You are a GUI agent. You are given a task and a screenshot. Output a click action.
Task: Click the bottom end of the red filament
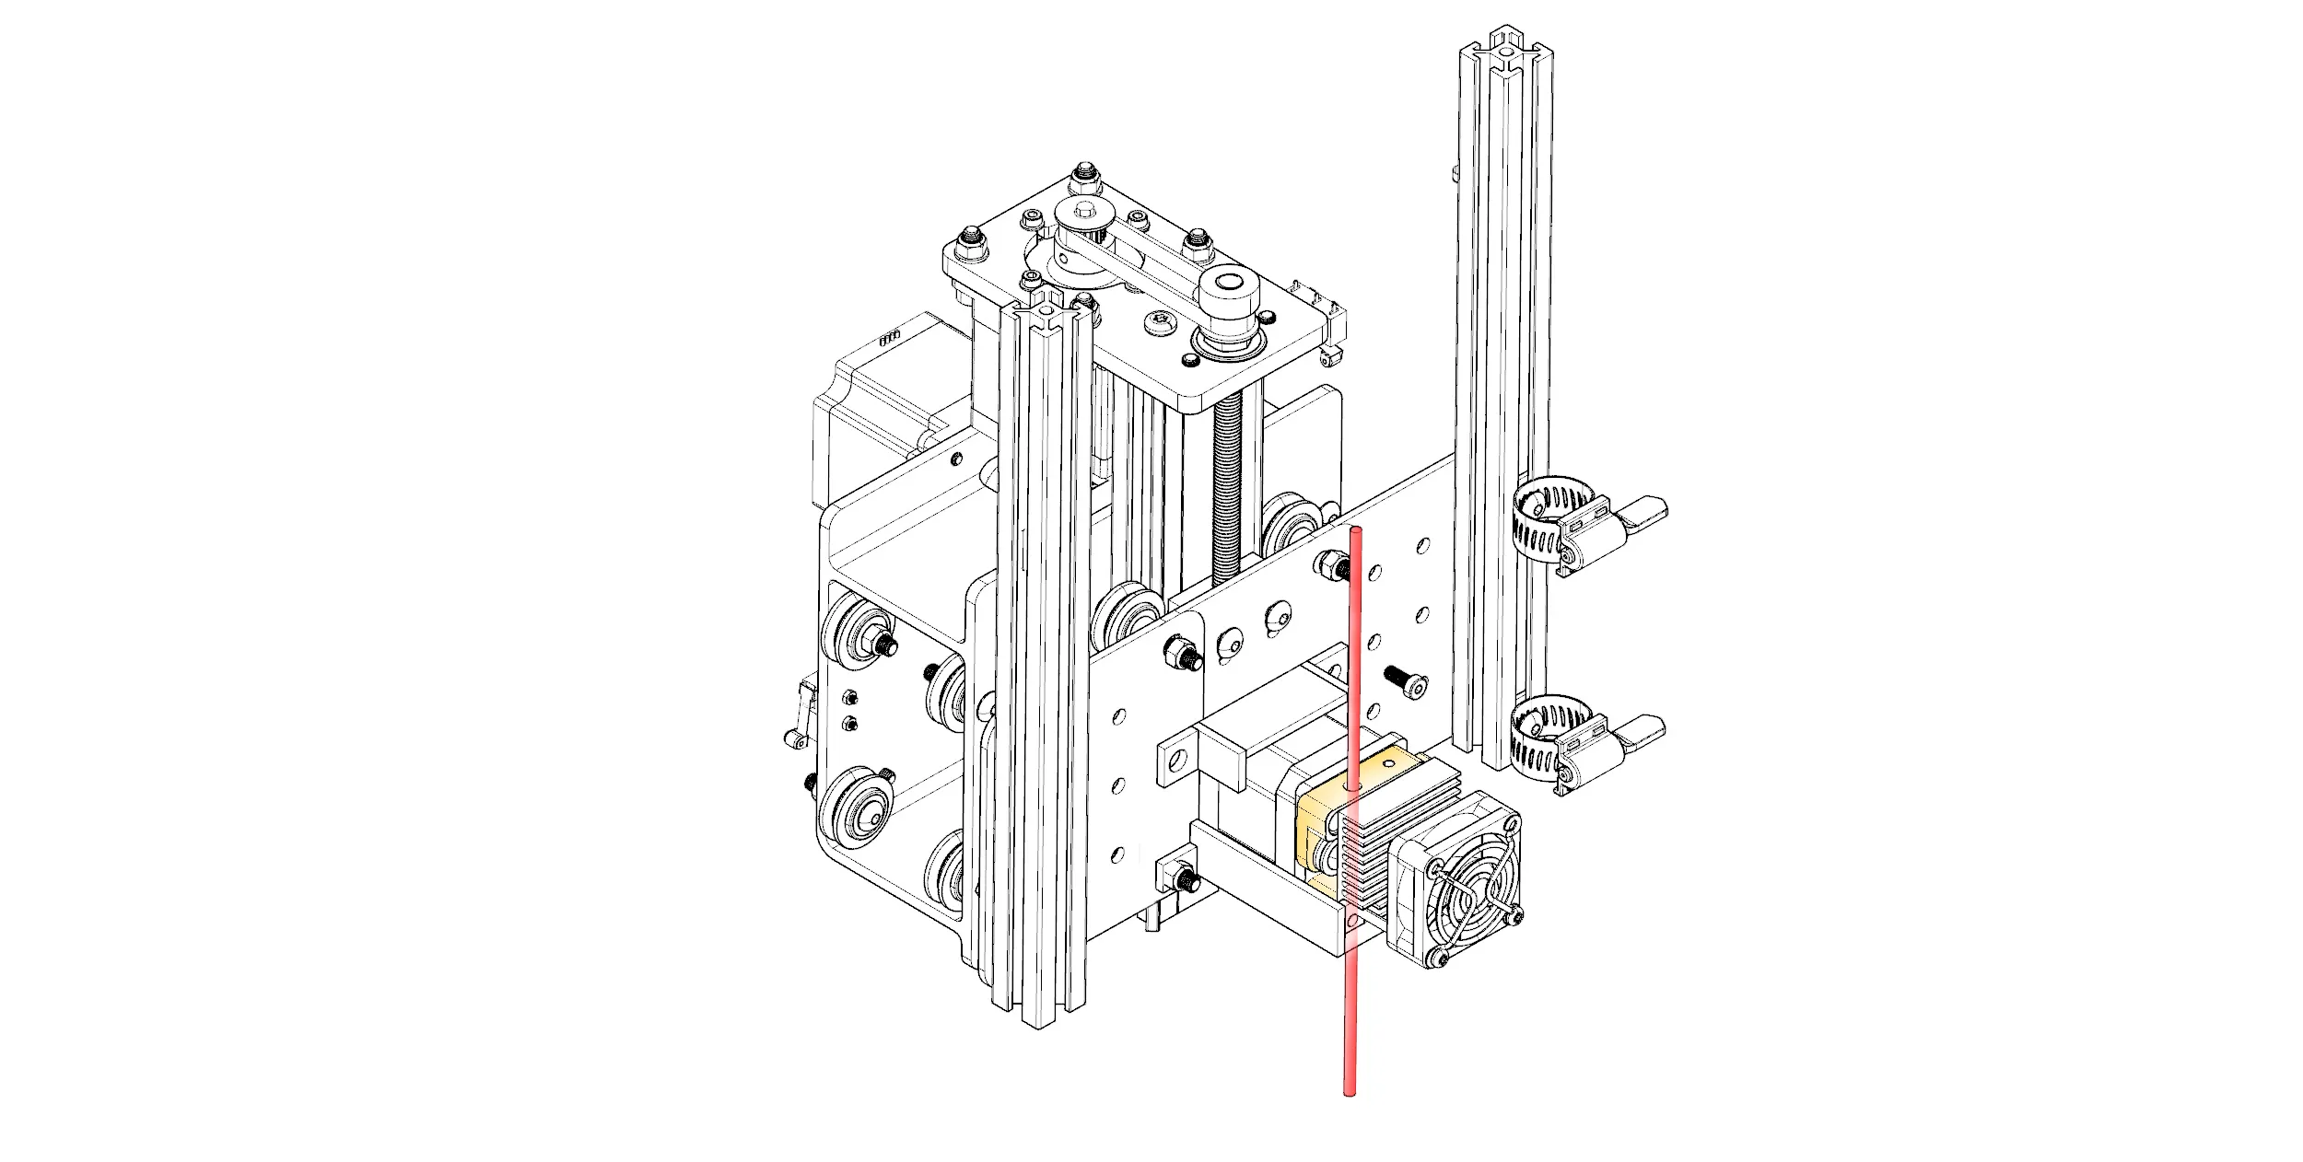1350,1092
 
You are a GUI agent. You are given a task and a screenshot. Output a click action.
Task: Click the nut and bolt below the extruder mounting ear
1180,877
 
